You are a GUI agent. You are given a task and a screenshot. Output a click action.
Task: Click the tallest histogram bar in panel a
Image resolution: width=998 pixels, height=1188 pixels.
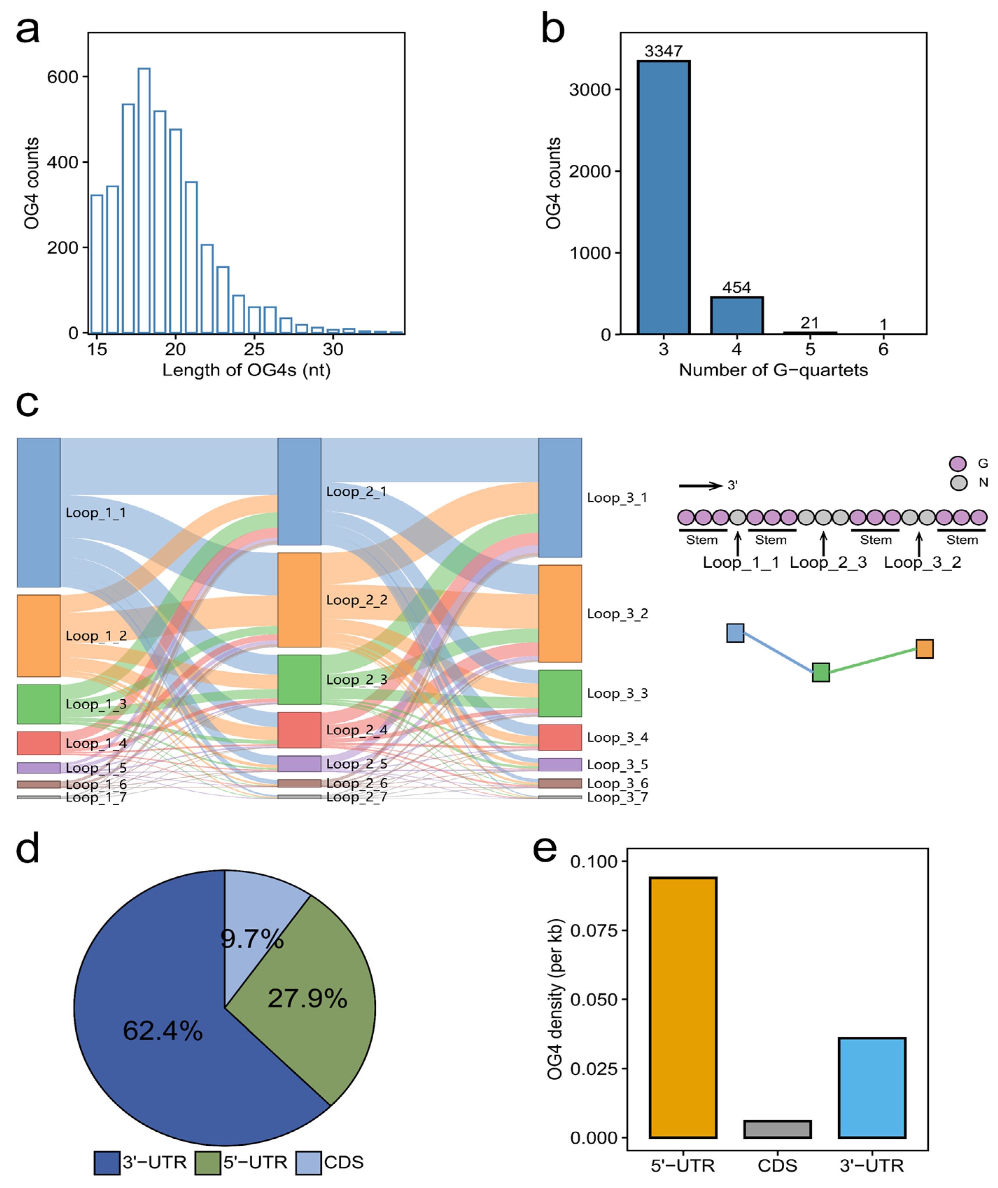(144, 201)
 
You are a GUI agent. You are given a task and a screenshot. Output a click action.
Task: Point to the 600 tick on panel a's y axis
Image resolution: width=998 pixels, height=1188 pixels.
(62, 77)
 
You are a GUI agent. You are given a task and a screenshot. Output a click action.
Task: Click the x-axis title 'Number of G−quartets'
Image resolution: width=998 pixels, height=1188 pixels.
(773, 370)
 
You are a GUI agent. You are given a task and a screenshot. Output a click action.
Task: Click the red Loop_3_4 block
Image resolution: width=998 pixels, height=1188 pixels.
(560, 737)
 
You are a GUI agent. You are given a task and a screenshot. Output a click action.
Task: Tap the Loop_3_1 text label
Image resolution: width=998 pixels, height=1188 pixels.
(617, 498)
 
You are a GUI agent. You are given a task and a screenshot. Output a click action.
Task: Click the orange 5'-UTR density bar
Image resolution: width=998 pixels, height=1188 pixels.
(683, 1007)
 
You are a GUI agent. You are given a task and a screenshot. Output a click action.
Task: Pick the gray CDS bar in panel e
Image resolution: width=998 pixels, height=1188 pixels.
(777, 1129)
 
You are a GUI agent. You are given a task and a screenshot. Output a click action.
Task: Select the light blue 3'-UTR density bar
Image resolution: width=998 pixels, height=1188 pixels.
(872, 1087)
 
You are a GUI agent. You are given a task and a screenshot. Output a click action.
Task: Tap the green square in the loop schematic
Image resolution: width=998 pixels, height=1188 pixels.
(821, 673)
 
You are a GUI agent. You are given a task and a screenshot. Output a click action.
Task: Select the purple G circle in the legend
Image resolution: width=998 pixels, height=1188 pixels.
(958, 464)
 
